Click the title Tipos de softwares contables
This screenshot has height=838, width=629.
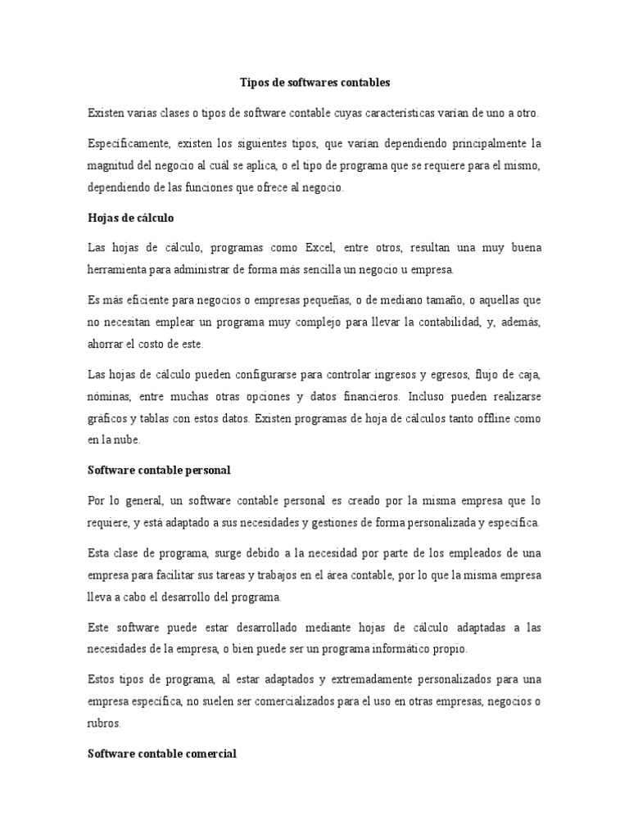click(x=314, y=83)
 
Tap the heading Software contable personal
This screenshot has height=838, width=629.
click(x=159, y=470)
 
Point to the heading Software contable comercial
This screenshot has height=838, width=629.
click(x=162, y=754)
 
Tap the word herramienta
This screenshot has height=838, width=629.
click(x=120, y=269)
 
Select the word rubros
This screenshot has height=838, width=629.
click(x=104, y=724)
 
